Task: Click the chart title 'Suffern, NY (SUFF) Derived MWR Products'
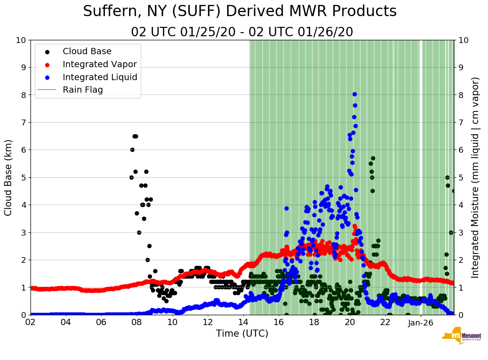click(240, 11)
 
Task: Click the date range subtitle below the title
click(242, 32)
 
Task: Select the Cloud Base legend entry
click(87, 51)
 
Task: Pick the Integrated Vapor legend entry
click(99, 64)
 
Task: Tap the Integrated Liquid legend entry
click(99, 77)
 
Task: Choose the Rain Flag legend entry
click(82, 90)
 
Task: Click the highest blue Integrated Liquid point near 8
click(354, 94)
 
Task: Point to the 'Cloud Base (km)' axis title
click(8, 177)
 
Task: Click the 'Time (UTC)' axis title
click(242, 334)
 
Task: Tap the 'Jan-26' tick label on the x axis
click(420, 322)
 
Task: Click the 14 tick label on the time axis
click(243, 322)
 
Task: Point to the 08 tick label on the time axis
click(137, 322)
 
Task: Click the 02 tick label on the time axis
click(30, 322)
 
